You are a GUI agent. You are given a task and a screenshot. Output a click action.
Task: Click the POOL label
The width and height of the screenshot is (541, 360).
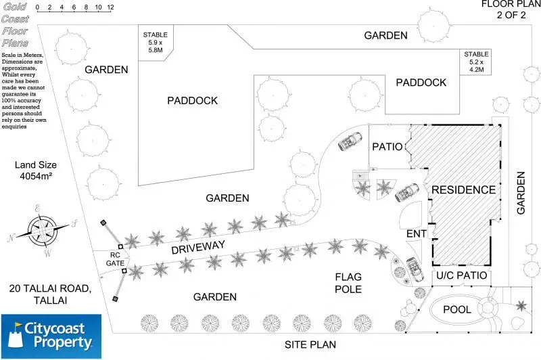[x=456, y=309]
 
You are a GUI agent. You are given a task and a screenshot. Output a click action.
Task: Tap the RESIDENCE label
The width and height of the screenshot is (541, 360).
[x=463, y=189]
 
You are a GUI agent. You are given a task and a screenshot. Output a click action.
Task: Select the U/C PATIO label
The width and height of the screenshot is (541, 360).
[x=461, y=276]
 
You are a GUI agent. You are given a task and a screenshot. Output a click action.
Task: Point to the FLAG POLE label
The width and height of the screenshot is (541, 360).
[x=349, y=283]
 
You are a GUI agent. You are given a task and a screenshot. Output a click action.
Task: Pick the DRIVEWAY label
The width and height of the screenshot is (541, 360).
[x=197, y=248]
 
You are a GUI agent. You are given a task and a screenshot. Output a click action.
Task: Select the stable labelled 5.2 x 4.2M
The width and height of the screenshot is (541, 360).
[x=476, y=62]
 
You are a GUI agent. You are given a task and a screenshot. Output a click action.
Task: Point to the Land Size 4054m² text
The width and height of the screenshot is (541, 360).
[x=38, y=171]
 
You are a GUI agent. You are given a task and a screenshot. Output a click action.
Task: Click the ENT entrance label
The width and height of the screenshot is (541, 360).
[x=415, y=233]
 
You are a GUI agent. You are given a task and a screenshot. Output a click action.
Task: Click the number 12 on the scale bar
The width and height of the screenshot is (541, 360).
[x=110, y=7]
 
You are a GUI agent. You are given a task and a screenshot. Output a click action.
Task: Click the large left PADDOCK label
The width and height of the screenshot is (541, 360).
[x=192, y=100]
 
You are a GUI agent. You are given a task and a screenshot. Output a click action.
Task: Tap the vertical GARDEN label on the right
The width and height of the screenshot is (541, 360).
[x=521, y=193]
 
